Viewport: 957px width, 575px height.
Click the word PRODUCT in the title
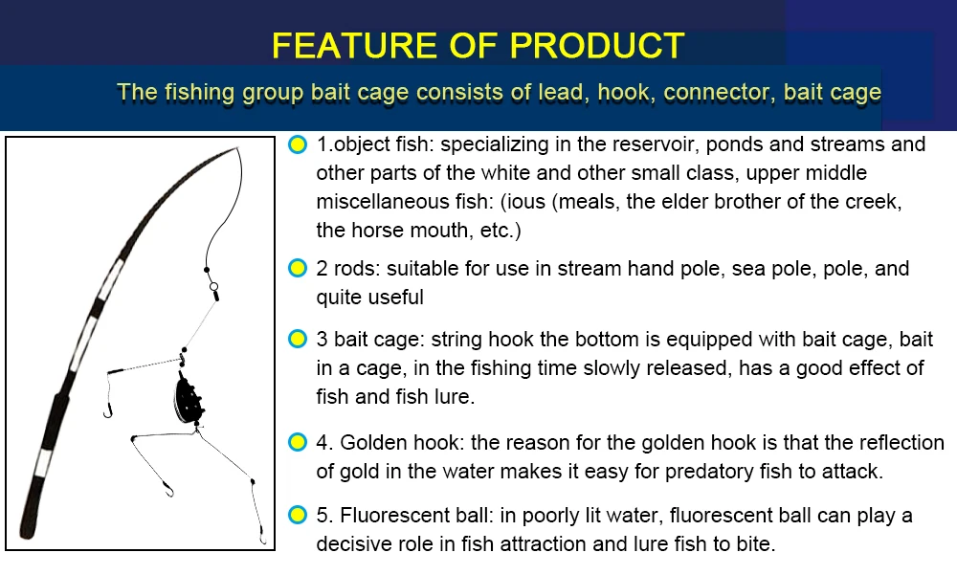tap(596, 45)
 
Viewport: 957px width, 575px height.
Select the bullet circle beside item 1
tap(298, 144)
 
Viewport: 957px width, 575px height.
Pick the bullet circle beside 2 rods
tap(298, 268)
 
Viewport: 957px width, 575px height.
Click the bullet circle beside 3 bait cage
tap(298, 339)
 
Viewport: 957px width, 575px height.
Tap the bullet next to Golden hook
tap(298, 442)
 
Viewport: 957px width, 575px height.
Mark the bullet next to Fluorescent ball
tap(298, 515)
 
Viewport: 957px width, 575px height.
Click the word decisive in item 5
tap(354, 543)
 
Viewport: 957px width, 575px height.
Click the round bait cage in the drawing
tap(188, 401)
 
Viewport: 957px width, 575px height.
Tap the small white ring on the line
tap(213, 286)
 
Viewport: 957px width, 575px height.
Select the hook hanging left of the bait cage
tap(108, 412)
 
